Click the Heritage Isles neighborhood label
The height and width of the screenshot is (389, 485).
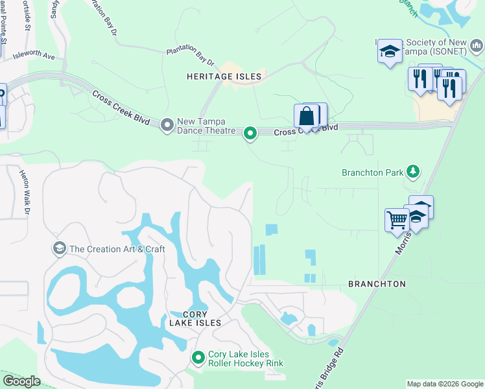tap(224, 77)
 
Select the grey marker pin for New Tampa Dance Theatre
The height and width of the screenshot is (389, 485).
tap(167, 123)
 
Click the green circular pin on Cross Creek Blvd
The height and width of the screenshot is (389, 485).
tap(250, 134)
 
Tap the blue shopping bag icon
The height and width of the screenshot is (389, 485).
tap(306, 117)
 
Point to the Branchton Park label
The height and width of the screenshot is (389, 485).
tap(373, 172)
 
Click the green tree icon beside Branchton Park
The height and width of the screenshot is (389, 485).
tap(412, 172)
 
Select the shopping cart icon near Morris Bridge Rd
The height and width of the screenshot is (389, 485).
tap(397, 219)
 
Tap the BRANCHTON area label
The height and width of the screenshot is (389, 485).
tap(377, 284)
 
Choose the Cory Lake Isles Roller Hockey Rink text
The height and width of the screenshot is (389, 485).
tap(246, 359)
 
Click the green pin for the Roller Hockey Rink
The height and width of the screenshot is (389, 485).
tap(198, 358)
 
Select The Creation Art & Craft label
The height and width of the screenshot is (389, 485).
tap(117, 249)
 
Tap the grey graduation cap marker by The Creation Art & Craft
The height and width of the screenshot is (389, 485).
tap(60, 248)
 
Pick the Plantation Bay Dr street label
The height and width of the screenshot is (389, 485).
tap(190, 55)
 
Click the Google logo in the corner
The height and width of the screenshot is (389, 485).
tap(21, 381)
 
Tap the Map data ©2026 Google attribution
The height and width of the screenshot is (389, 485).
tap(445, 384)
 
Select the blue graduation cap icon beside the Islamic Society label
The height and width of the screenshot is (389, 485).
tap(390, 52)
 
